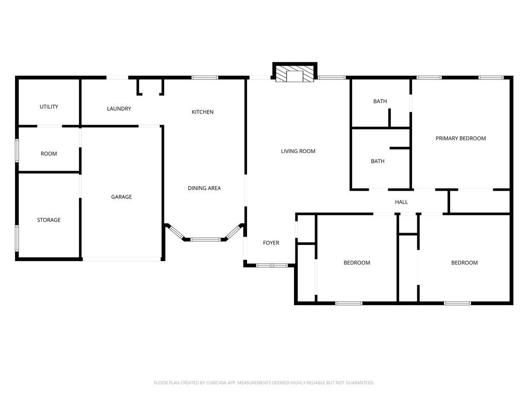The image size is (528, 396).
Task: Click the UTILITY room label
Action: coord(49,107)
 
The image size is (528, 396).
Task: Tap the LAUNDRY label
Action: coord(119,109)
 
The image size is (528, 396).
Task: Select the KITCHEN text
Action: coord(203,112)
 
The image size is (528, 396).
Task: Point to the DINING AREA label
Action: coord(204,188)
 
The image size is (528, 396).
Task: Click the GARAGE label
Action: coord(122,196)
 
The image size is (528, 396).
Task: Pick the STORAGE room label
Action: coord(49,220)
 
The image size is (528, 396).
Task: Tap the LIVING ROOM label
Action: coord(298,151)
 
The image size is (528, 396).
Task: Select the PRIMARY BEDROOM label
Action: coord(460,138)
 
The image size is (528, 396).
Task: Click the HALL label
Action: coord(401,202)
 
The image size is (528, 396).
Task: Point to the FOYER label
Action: coord(271,243)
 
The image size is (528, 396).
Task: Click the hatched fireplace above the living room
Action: coord(294,74)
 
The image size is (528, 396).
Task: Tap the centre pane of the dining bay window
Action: coord(206,239)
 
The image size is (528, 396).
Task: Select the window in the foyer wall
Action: coord(272,266)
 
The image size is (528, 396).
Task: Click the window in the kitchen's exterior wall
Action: coord(205,78)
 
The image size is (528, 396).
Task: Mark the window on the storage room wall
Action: coord(17,238)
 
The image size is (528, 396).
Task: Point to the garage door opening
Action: coord(122,259)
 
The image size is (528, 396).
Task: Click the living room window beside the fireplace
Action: coord(332,78)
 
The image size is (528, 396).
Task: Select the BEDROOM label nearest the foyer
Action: coord(357,262)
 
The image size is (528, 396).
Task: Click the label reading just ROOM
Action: coord(49,154)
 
